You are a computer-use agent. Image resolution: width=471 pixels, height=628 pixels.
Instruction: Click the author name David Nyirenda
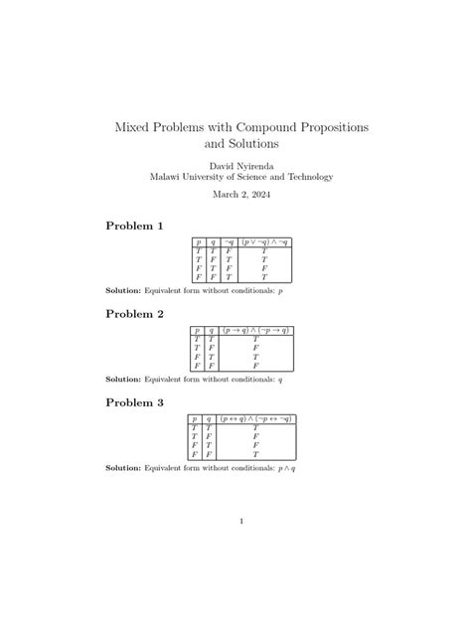tap(240, 164)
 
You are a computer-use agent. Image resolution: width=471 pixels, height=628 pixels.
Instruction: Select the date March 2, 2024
tap(240, 195)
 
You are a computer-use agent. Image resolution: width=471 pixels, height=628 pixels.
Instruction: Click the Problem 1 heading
tap(135, 227)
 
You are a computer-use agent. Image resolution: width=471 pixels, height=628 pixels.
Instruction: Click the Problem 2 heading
tap(135, 314)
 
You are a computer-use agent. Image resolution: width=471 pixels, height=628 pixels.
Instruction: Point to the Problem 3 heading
tap(135, 402)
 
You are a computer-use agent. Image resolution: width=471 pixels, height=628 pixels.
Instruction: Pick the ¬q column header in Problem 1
tap(229, 241)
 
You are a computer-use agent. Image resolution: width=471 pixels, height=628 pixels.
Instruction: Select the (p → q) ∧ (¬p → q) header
tap(255, 329)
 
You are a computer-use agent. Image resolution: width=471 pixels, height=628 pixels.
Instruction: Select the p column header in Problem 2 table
tap(197, 329)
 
